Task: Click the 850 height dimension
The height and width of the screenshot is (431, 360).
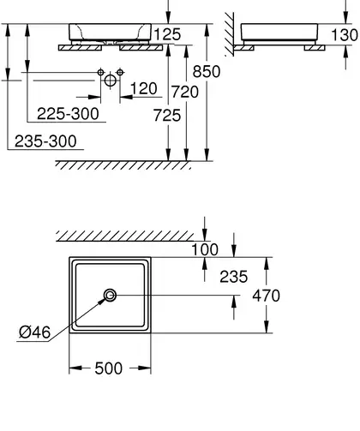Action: click(207, 71)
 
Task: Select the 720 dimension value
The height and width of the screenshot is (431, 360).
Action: click(185, 92)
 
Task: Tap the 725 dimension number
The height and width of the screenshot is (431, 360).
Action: click(167, 116)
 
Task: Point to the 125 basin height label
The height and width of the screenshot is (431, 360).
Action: click(167, 34)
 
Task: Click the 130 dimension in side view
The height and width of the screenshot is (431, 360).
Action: click(345, 35)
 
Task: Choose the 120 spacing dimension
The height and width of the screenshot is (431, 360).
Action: click(144, 88)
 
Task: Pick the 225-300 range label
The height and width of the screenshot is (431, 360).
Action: click(68, 114)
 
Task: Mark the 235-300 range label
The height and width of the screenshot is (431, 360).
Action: click(45, 141)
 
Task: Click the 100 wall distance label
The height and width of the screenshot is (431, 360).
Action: click(205, 249)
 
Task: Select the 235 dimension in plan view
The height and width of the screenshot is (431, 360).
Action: click(233, 277)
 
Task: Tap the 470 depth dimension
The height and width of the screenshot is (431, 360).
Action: click(266, 296)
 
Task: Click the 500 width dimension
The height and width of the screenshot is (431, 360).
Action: click(109, 368)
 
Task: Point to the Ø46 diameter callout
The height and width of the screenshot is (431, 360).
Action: click(34, 332)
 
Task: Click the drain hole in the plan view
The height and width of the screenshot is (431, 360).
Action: click(110, 295)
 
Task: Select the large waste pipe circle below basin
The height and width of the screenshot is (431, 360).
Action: click(111, 81)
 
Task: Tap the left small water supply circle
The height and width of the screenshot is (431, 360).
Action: click(100, 72)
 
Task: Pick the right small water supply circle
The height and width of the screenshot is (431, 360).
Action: click(120, 72)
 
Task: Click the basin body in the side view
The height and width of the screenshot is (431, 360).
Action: click(279, 32)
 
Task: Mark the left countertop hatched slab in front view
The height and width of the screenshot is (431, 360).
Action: click(80, 48)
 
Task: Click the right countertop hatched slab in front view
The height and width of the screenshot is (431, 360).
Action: click(141, 48)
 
